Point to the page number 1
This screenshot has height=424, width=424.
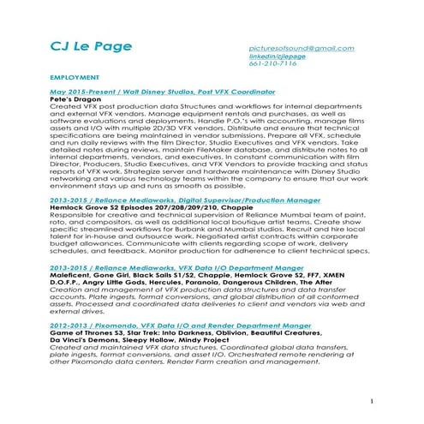click(374, 400)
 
